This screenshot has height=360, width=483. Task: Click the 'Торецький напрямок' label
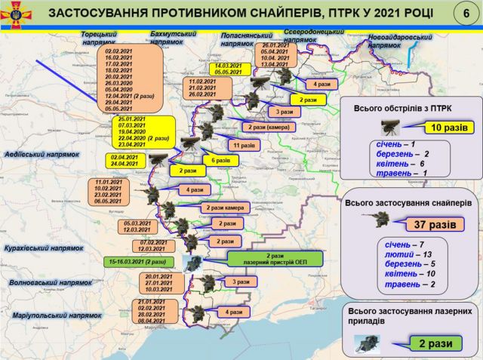(99, 39)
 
